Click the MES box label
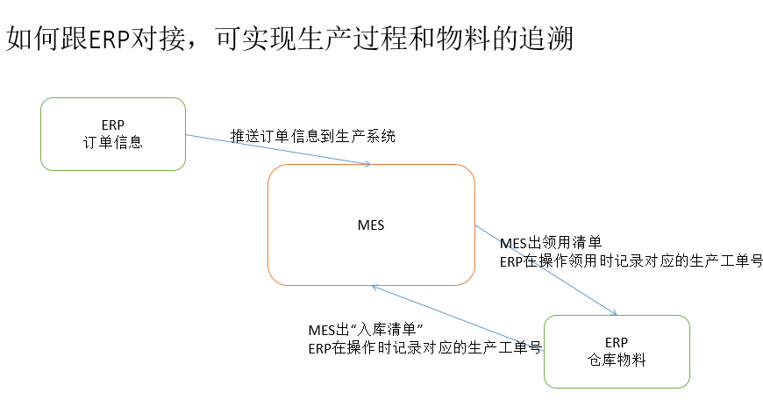[x=371, y=225]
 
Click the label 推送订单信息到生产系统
[x=312, y=136]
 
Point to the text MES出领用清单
[x=550, y=243]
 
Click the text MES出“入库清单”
[x=366, y=330]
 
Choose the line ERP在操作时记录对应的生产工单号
[x=424, y=348]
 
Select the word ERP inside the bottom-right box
[x=617, y=342]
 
